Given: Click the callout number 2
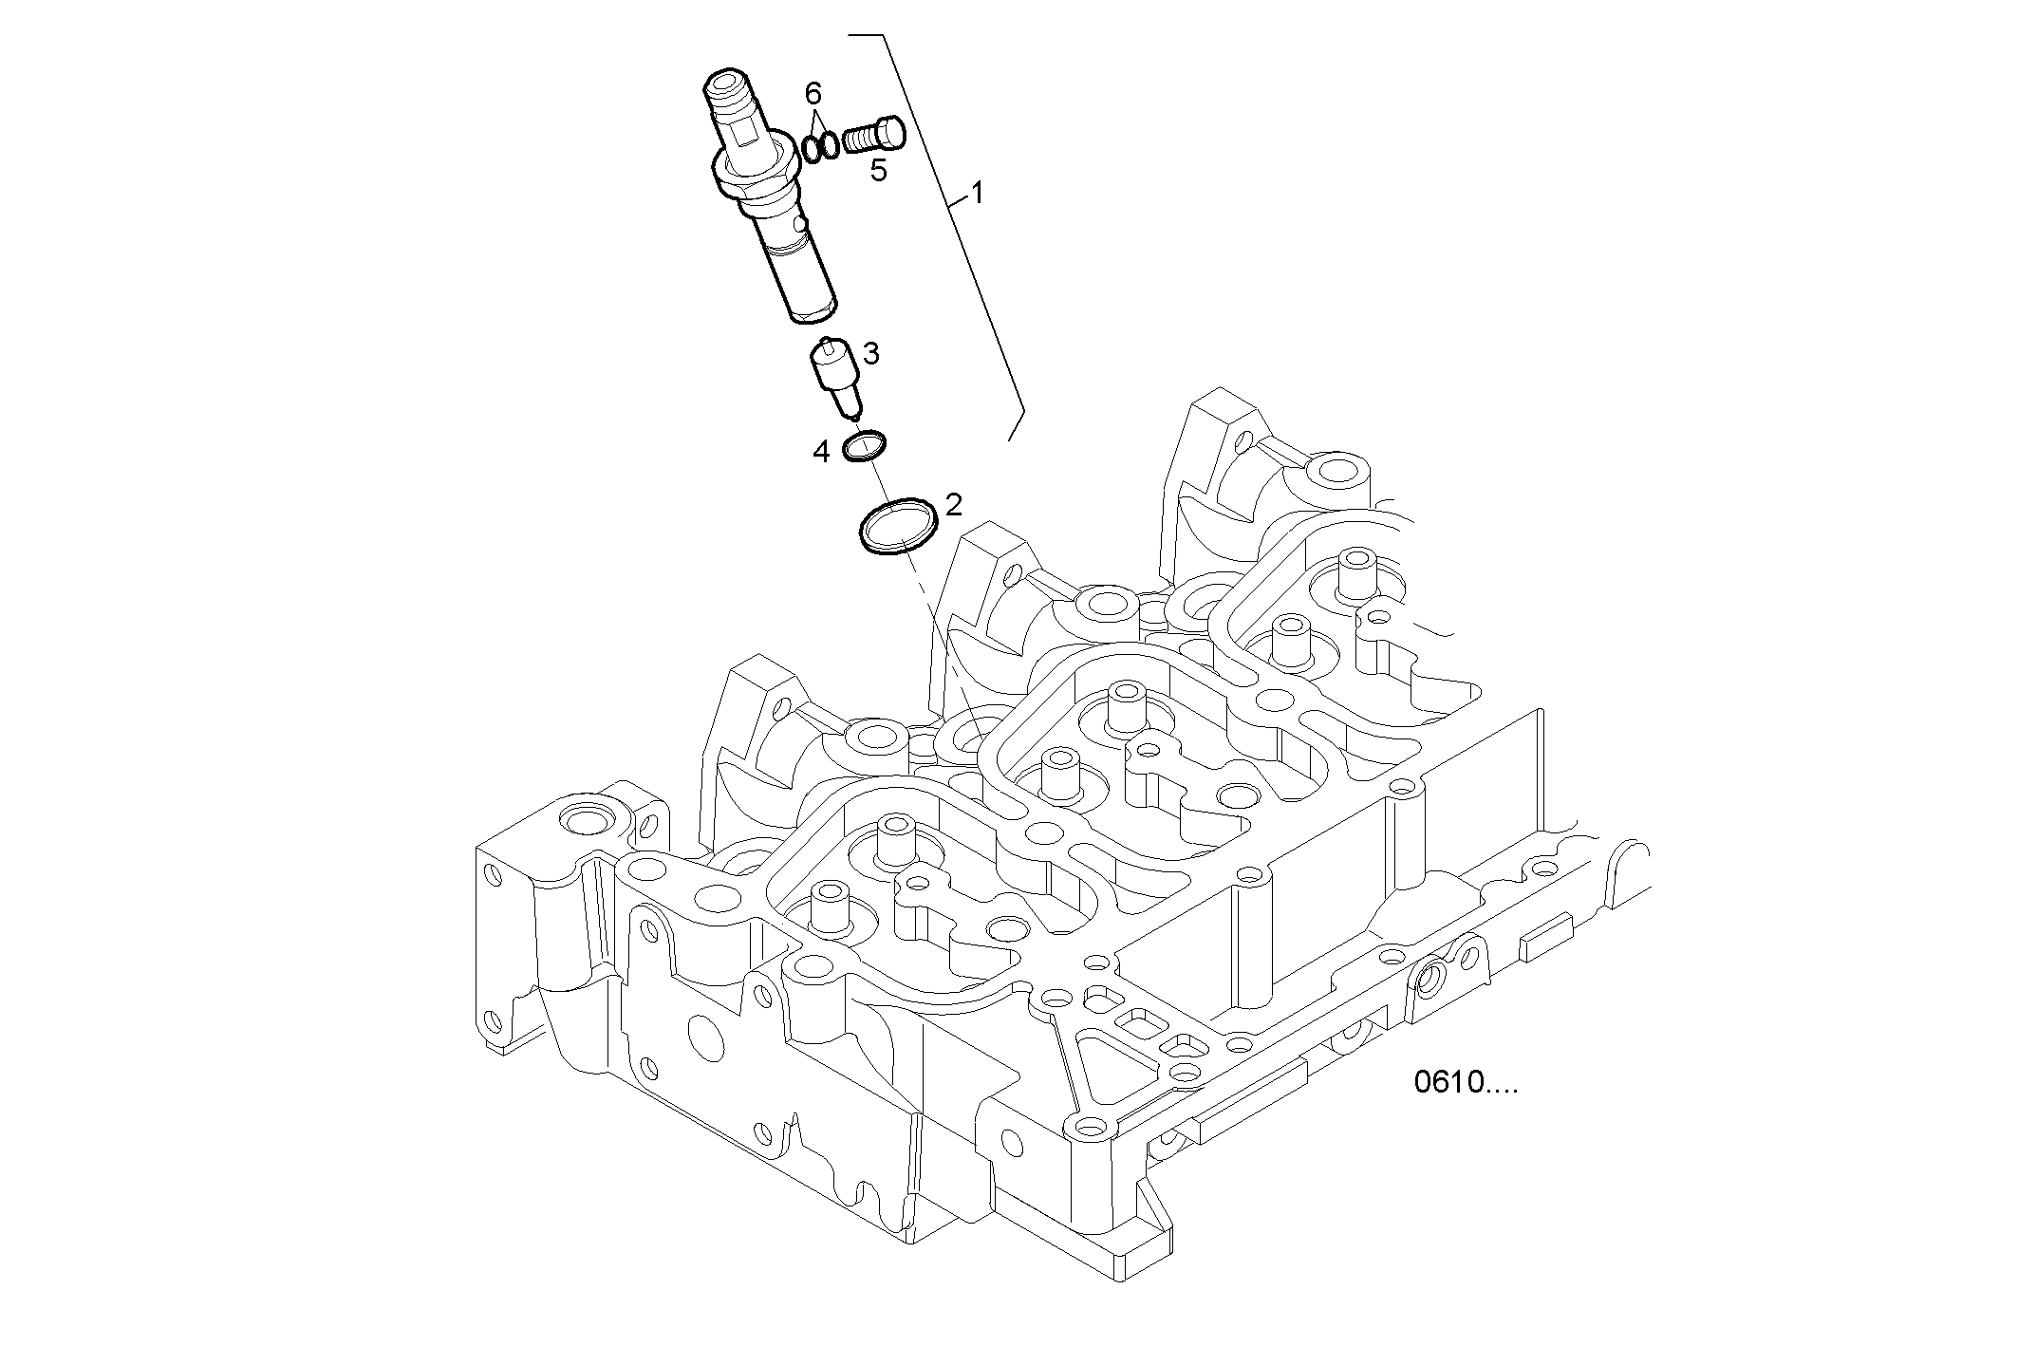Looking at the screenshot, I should [953, 504].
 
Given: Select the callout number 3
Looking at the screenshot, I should [870, 355].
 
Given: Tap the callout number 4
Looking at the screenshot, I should [821, 452].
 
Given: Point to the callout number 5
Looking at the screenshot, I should [879, 171].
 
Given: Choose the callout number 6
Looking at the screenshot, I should [813, 93].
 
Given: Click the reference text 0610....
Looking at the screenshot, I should [1465, 1083].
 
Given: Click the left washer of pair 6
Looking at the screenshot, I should [813, 149].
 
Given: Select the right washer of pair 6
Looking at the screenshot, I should [830, 146].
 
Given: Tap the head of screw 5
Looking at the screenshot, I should [893, 131].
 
